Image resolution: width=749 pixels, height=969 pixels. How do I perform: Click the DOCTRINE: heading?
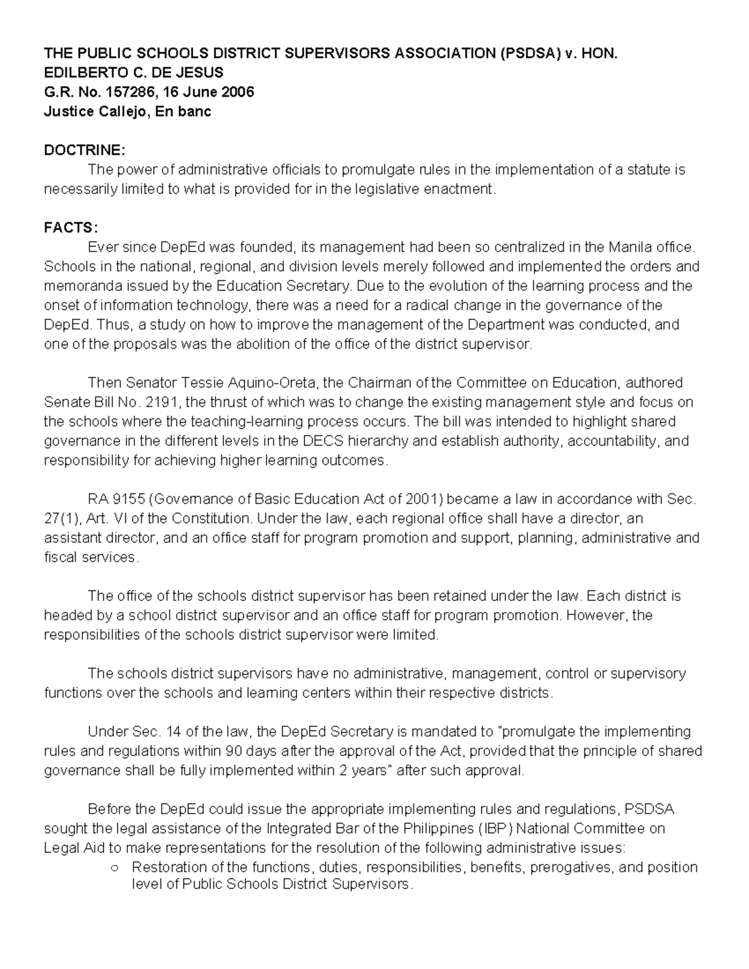84,150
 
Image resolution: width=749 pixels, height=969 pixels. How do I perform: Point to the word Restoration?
170,867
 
